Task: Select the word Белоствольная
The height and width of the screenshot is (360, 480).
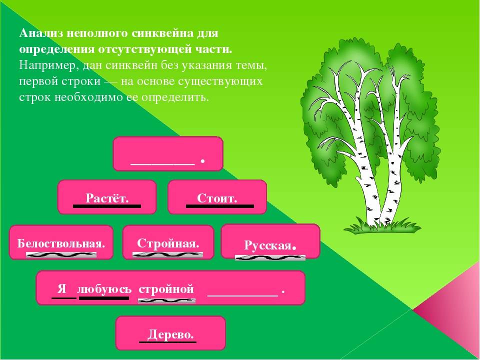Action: click(61, 243)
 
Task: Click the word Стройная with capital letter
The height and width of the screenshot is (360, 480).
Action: click(168, 243)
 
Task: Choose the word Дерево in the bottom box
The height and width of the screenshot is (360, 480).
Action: click(170, 334)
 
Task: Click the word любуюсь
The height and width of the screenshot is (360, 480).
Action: click(104, 289)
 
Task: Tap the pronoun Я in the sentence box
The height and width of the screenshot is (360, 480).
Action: click(62, 288)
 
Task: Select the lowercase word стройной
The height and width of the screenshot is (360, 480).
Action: click(166, 289)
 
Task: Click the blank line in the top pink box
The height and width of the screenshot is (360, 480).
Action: click(162, 164)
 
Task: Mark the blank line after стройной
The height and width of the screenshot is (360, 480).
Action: click(243, 295)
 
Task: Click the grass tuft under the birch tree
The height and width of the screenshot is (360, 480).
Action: click(382, 226)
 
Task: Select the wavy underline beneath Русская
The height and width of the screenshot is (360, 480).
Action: click(270, 258)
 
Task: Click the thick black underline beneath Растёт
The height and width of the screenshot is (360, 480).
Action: click(107, 206)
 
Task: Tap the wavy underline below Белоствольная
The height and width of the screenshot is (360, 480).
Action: click(61, 254)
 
